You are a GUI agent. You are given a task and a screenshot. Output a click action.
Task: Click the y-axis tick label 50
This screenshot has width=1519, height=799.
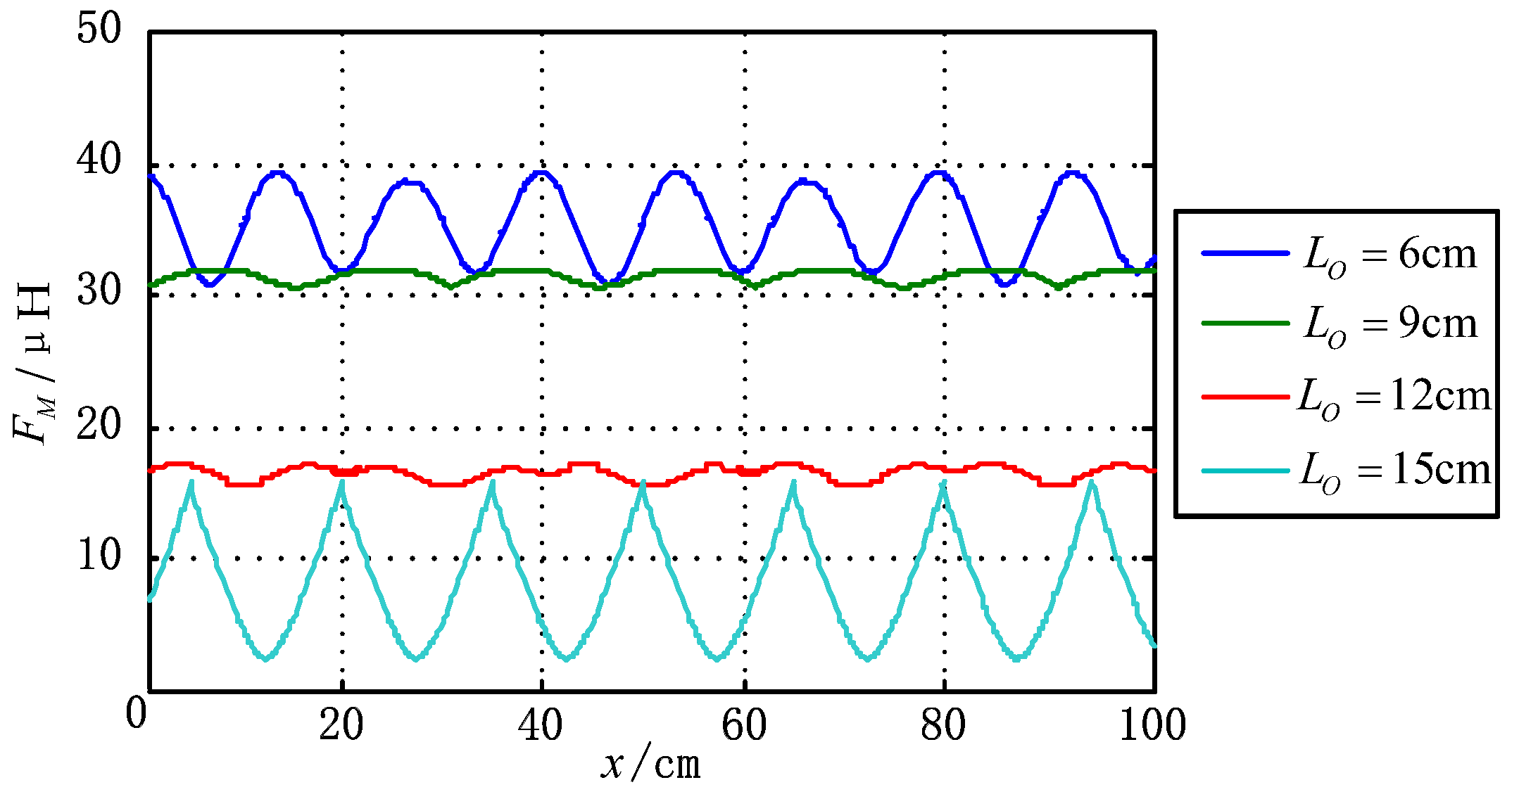click(99, 30)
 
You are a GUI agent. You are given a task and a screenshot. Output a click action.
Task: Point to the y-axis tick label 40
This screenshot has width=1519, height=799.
click(99, 160)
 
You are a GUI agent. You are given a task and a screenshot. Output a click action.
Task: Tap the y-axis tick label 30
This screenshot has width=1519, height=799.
click(99, 290)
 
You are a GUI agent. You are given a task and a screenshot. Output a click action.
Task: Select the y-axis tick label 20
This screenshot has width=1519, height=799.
click(99, 425)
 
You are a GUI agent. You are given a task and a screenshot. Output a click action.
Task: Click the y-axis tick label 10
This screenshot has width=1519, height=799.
click(99, 556)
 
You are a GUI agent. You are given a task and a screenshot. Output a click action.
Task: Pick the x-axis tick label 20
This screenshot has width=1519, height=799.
click(341, 724)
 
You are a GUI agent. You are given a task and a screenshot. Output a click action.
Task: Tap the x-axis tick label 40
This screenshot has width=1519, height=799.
click(541, 724)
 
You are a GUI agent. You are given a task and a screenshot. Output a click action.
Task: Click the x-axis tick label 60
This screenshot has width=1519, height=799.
click(744, 724)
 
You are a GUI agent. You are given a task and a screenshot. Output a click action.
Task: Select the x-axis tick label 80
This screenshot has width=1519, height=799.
click(943, 724)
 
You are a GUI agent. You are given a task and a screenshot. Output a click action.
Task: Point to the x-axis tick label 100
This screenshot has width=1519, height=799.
click(1152, 724)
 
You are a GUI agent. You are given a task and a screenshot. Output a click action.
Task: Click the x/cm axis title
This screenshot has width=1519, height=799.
click(651, 765)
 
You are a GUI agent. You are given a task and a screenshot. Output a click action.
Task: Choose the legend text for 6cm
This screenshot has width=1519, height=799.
click(1390, 255)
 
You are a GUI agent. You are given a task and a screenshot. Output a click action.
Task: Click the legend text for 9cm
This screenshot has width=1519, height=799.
click(1390, 326)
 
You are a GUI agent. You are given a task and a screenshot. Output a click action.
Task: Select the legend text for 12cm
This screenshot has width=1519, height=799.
click(1394, 397)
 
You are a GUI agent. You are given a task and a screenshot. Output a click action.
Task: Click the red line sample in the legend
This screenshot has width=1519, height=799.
click(1244, 397)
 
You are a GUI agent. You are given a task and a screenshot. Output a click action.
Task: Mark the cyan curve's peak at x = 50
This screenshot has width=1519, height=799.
click(643, 482)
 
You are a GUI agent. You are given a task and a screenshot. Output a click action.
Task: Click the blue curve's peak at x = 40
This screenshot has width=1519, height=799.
click(541, 172)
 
